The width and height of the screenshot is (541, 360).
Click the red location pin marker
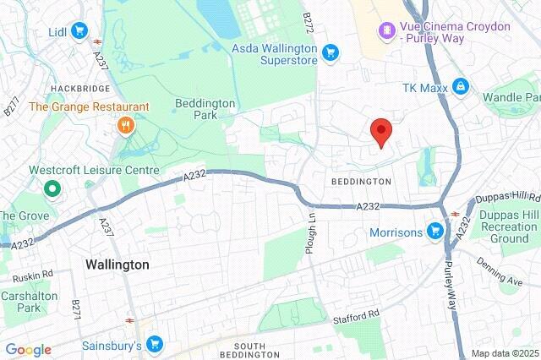(x=382, y=132)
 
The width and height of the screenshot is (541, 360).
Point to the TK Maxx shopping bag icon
(x=460, y=86)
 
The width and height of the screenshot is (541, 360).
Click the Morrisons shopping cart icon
(x=435, y=230)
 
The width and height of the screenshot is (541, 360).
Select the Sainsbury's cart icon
(x=154, y=343)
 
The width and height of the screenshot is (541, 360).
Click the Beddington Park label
(x=205, y=109)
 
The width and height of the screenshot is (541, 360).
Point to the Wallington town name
(x=117, y=265)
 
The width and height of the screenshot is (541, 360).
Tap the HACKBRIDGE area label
(x=75, y=88)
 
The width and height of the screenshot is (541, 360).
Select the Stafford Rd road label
(x=361, y=315)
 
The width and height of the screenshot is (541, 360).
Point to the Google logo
(x=28, y=350)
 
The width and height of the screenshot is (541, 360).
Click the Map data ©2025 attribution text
(x=504, y=353)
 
